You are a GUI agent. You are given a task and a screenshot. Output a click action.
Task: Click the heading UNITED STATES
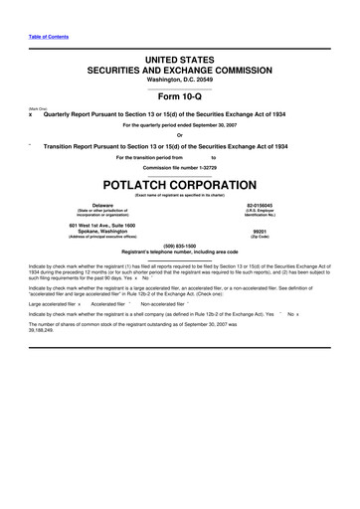(x=180, y=61)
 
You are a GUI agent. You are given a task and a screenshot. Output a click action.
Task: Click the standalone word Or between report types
(x=180, y=135)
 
